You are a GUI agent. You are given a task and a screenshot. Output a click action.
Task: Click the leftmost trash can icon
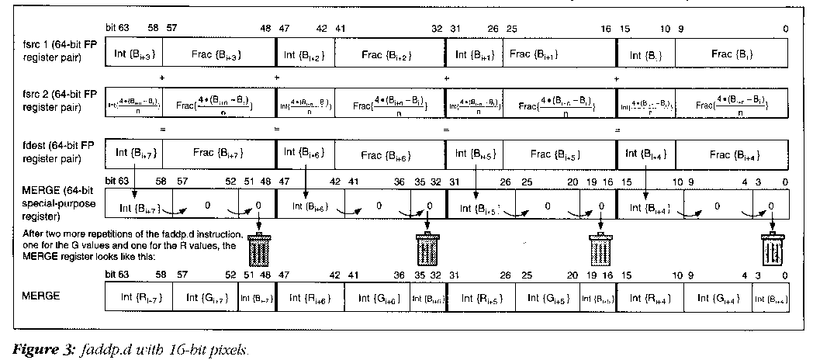[258, 250]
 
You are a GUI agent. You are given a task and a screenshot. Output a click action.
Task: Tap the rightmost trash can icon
[770, 251]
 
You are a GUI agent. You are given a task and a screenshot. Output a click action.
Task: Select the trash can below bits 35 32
[427, 250]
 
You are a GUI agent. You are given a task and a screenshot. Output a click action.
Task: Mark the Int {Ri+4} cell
[649, 296]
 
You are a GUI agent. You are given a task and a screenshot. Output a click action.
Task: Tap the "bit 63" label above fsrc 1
[116, 28]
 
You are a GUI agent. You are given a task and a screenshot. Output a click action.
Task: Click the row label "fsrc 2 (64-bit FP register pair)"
[54, 103]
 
